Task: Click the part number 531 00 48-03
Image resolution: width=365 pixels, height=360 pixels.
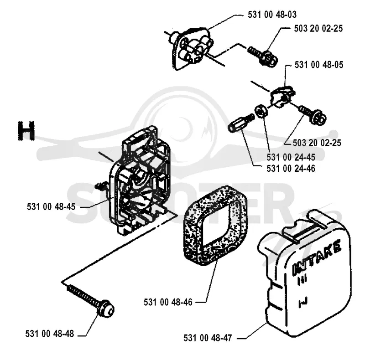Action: tap(272, 15)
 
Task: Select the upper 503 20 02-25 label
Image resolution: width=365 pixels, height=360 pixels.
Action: tap(318, 28)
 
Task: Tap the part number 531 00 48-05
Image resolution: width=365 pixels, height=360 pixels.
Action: tap(318, 65)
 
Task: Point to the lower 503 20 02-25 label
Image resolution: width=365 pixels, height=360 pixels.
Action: tap(317, 143)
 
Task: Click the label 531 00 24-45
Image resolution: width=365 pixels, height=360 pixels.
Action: tap(291, 157)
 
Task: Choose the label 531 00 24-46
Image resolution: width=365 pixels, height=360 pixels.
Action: tap(291, 168)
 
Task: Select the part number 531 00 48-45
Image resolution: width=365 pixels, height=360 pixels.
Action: tap(51, 207)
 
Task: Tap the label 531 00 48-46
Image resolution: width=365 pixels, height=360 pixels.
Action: tap(168, 302)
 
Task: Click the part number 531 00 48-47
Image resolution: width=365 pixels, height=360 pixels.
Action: tap(208, 338)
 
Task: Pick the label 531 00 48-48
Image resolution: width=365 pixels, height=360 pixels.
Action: tap(50, 334)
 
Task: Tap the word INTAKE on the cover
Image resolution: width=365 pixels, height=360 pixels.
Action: tap(317, 257)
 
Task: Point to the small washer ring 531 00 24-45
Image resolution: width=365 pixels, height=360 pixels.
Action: tap(261, 111)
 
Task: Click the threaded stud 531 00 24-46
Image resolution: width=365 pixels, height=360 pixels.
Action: tap(241, 123)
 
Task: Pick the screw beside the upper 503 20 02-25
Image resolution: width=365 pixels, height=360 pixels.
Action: tap(263, 57)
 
